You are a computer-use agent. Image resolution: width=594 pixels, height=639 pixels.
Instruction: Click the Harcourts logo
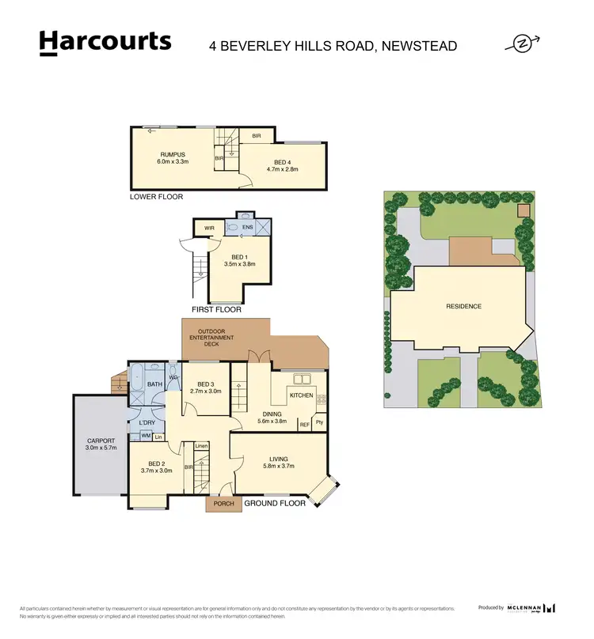105,43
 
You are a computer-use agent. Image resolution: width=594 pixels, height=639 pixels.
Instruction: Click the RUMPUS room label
173,155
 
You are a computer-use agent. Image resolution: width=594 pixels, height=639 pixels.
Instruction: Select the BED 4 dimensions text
282,168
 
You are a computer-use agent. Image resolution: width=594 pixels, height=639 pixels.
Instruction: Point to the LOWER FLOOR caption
156,196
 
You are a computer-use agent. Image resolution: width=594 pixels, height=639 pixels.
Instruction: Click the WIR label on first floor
209,228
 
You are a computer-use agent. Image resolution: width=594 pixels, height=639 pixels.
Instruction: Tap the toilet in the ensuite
234,228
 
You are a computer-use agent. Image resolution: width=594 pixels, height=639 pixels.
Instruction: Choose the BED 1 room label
239,257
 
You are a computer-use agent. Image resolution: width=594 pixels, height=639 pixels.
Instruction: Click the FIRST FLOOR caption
216,309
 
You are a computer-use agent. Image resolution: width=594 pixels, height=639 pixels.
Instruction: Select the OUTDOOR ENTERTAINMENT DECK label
216,338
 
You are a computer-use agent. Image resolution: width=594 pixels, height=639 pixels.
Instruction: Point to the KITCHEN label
301,395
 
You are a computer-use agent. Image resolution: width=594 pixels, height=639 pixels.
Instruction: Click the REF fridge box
304,425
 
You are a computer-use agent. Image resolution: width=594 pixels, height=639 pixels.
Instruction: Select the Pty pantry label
319,423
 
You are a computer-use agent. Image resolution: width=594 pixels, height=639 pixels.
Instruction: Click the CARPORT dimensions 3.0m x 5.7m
101,448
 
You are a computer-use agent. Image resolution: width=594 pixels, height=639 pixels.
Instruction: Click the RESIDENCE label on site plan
463,306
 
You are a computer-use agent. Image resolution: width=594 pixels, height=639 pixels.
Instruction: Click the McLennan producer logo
532,607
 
